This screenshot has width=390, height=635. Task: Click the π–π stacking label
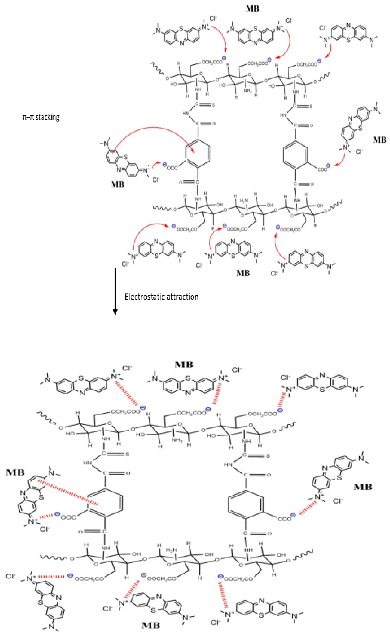41,117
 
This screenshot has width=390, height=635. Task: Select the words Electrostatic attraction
161,297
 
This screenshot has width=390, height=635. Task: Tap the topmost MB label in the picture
252,8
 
